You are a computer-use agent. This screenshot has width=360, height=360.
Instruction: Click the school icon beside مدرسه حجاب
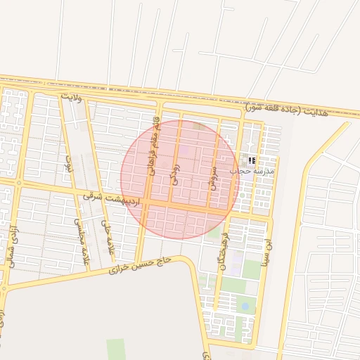click(x=252, y=161)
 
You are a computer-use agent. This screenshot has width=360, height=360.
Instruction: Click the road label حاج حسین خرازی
click(x=145, y=264)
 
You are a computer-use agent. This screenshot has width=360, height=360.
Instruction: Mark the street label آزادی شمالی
click(x=11, y=246)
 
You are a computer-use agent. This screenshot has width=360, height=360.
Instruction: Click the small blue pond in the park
click(x=244, y=306)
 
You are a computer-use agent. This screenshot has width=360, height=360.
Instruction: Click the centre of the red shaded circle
click(x=179, y=179)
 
